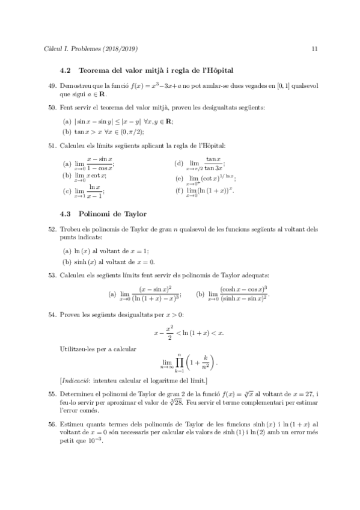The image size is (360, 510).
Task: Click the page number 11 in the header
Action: [x=314, y=48]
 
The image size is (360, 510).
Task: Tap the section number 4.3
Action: [x=66, y=214]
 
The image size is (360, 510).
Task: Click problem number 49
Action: [x=51, y=86]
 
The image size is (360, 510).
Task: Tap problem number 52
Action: [x=51, y=229]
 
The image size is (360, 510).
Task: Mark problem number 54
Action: [x=51, y=314]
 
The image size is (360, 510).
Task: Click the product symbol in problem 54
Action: [x=178, y=362]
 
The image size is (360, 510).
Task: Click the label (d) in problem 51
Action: [x=178, y=164]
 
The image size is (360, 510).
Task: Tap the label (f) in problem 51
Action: [x=178, y=191]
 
